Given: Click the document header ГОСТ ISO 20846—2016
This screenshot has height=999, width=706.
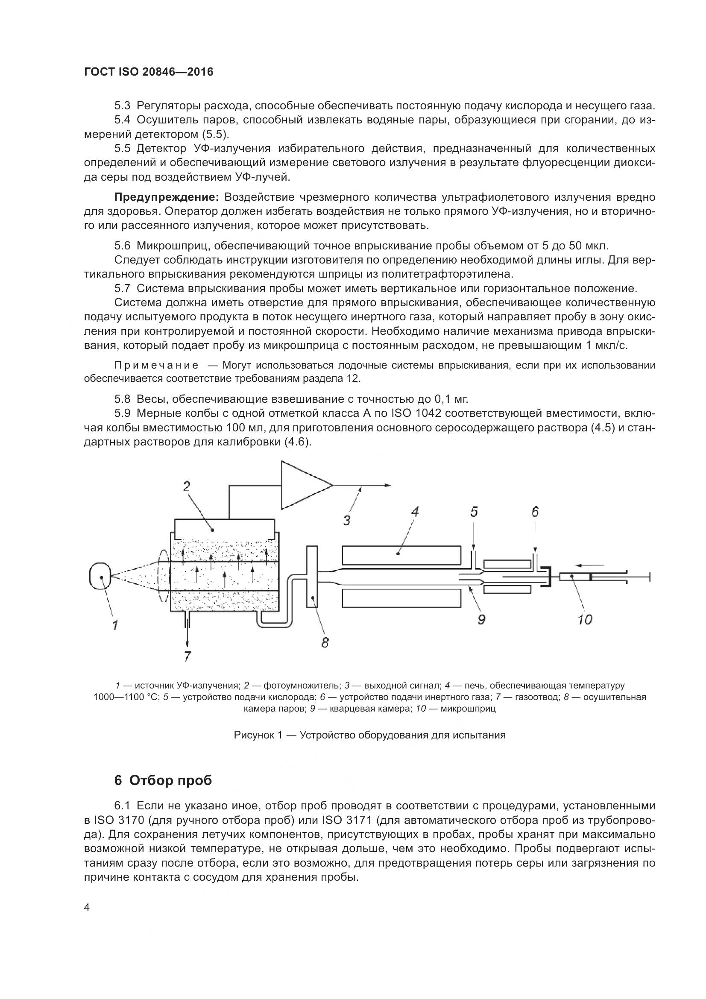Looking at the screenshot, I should (x=149, y=72).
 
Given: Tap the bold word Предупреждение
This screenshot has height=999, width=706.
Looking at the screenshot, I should (x=166, y=197).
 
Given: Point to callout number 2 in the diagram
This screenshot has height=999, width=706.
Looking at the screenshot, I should (x=186, y=486).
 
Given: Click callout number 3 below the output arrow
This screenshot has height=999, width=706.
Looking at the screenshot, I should (x=347, y=519).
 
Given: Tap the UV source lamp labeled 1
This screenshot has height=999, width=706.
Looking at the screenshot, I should (x=101, y=577).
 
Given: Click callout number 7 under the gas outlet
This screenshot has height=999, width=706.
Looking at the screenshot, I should (x=187, y=656).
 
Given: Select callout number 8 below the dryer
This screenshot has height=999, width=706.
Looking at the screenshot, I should (x=325, y=642).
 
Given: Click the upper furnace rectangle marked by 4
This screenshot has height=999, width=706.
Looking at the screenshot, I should (x=401, y=554).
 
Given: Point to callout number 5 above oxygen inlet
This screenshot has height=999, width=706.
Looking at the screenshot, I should (x=474, y=512).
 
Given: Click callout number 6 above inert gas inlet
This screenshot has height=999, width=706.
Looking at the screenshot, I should (x=535, y=512).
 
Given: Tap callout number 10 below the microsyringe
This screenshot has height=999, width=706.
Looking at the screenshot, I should (x=585, y=619).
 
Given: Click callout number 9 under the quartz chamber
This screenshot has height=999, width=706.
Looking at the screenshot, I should (x=481, y=619).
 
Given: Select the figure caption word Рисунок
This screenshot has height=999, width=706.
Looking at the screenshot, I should (x=254, y=735).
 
